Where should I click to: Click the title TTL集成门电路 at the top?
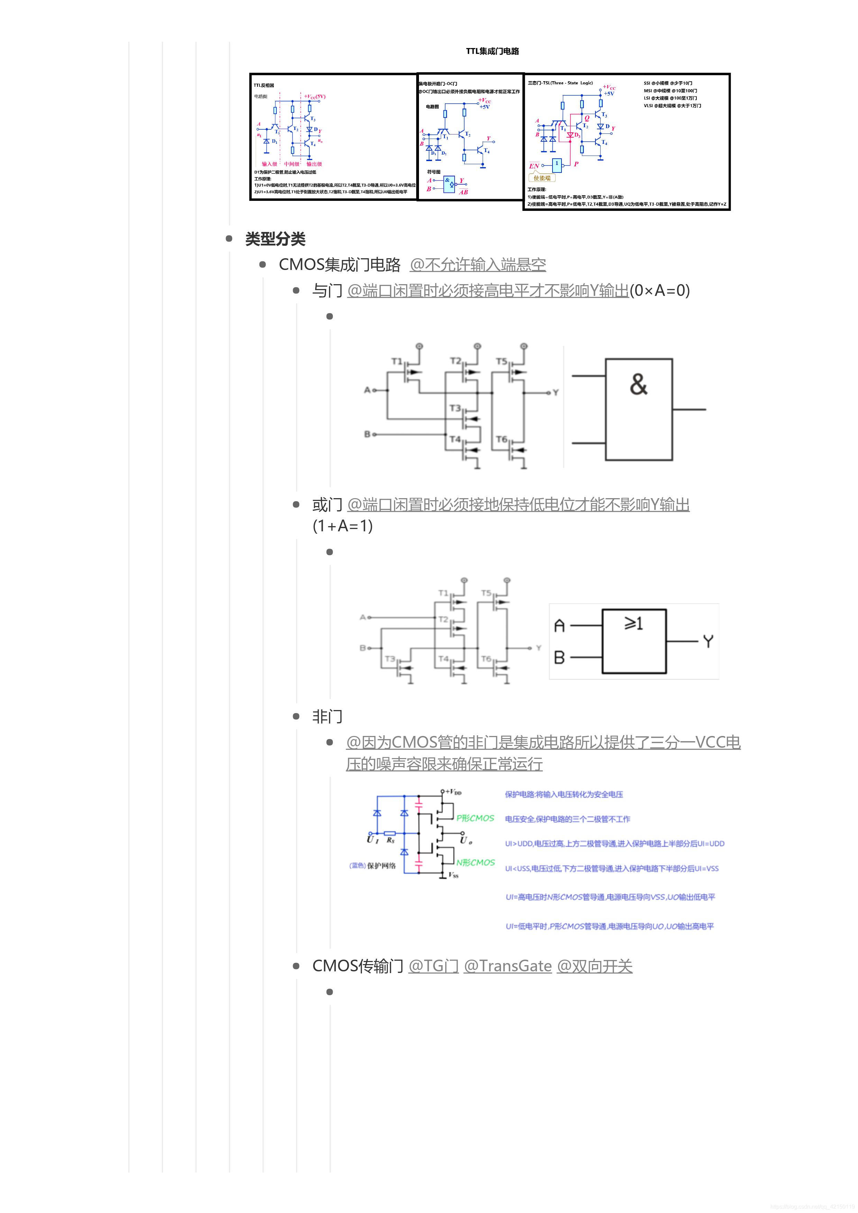coord(492,51)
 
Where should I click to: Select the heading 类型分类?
coord(275,239)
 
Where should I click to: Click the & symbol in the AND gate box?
coord(639,385)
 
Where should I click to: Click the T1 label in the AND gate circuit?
coord(396,361)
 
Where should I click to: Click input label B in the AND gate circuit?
coord(367,434)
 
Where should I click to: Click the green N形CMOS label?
coord(475,862)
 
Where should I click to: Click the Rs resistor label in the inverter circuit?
coord(390,840)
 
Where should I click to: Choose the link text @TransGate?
coord(508,966)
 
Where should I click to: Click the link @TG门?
coord(433,966)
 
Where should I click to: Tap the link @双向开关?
coord(595,966)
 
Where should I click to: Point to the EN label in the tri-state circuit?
coord(534,166)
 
